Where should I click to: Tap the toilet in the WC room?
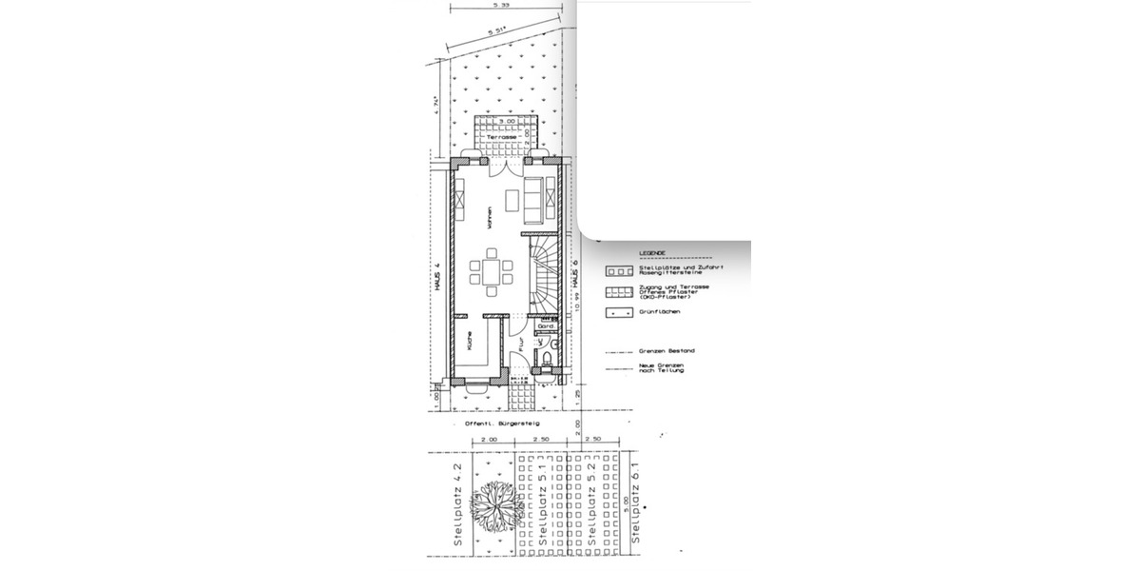(546, 359)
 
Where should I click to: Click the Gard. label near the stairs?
(546, 325)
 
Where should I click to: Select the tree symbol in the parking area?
(496, 505)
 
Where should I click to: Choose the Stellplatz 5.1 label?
(541, 508)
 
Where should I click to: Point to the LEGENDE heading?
(652, 253)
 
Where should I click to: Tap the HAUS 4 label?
(439, 277)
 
